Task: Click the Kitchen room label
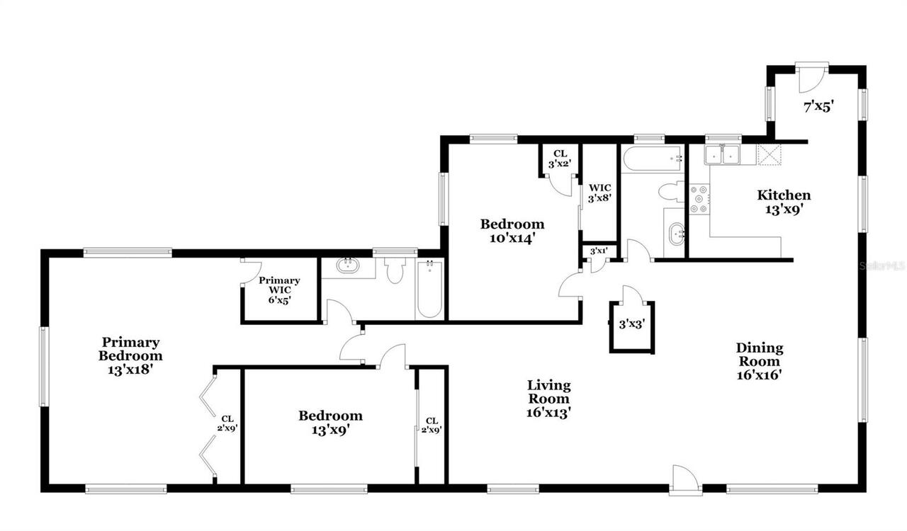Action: tap(784, 202)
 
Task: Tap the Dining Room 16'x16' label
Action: tap(759, 361)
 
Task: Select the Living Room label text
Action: tap(548, 398)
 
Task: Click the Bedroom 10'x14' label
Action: tap(512, 231)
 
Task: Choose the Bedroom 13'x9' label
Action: tap(329, 422)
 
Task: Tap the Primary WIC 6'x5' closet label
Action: tap(278, 290)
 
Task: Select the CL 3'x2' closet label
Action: tap(560, 159)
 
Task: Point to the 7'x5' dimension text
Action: tap(818, 107)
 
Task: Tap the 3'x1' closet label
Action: tap(598, 251)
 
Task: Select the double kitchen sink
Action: tap(722, 154)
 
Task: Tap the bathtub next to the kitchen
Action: tap(652, 159)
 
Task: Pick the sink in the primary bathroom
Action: tap(348, 267)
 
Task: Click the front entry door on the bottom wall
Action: tap(686, 479)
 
